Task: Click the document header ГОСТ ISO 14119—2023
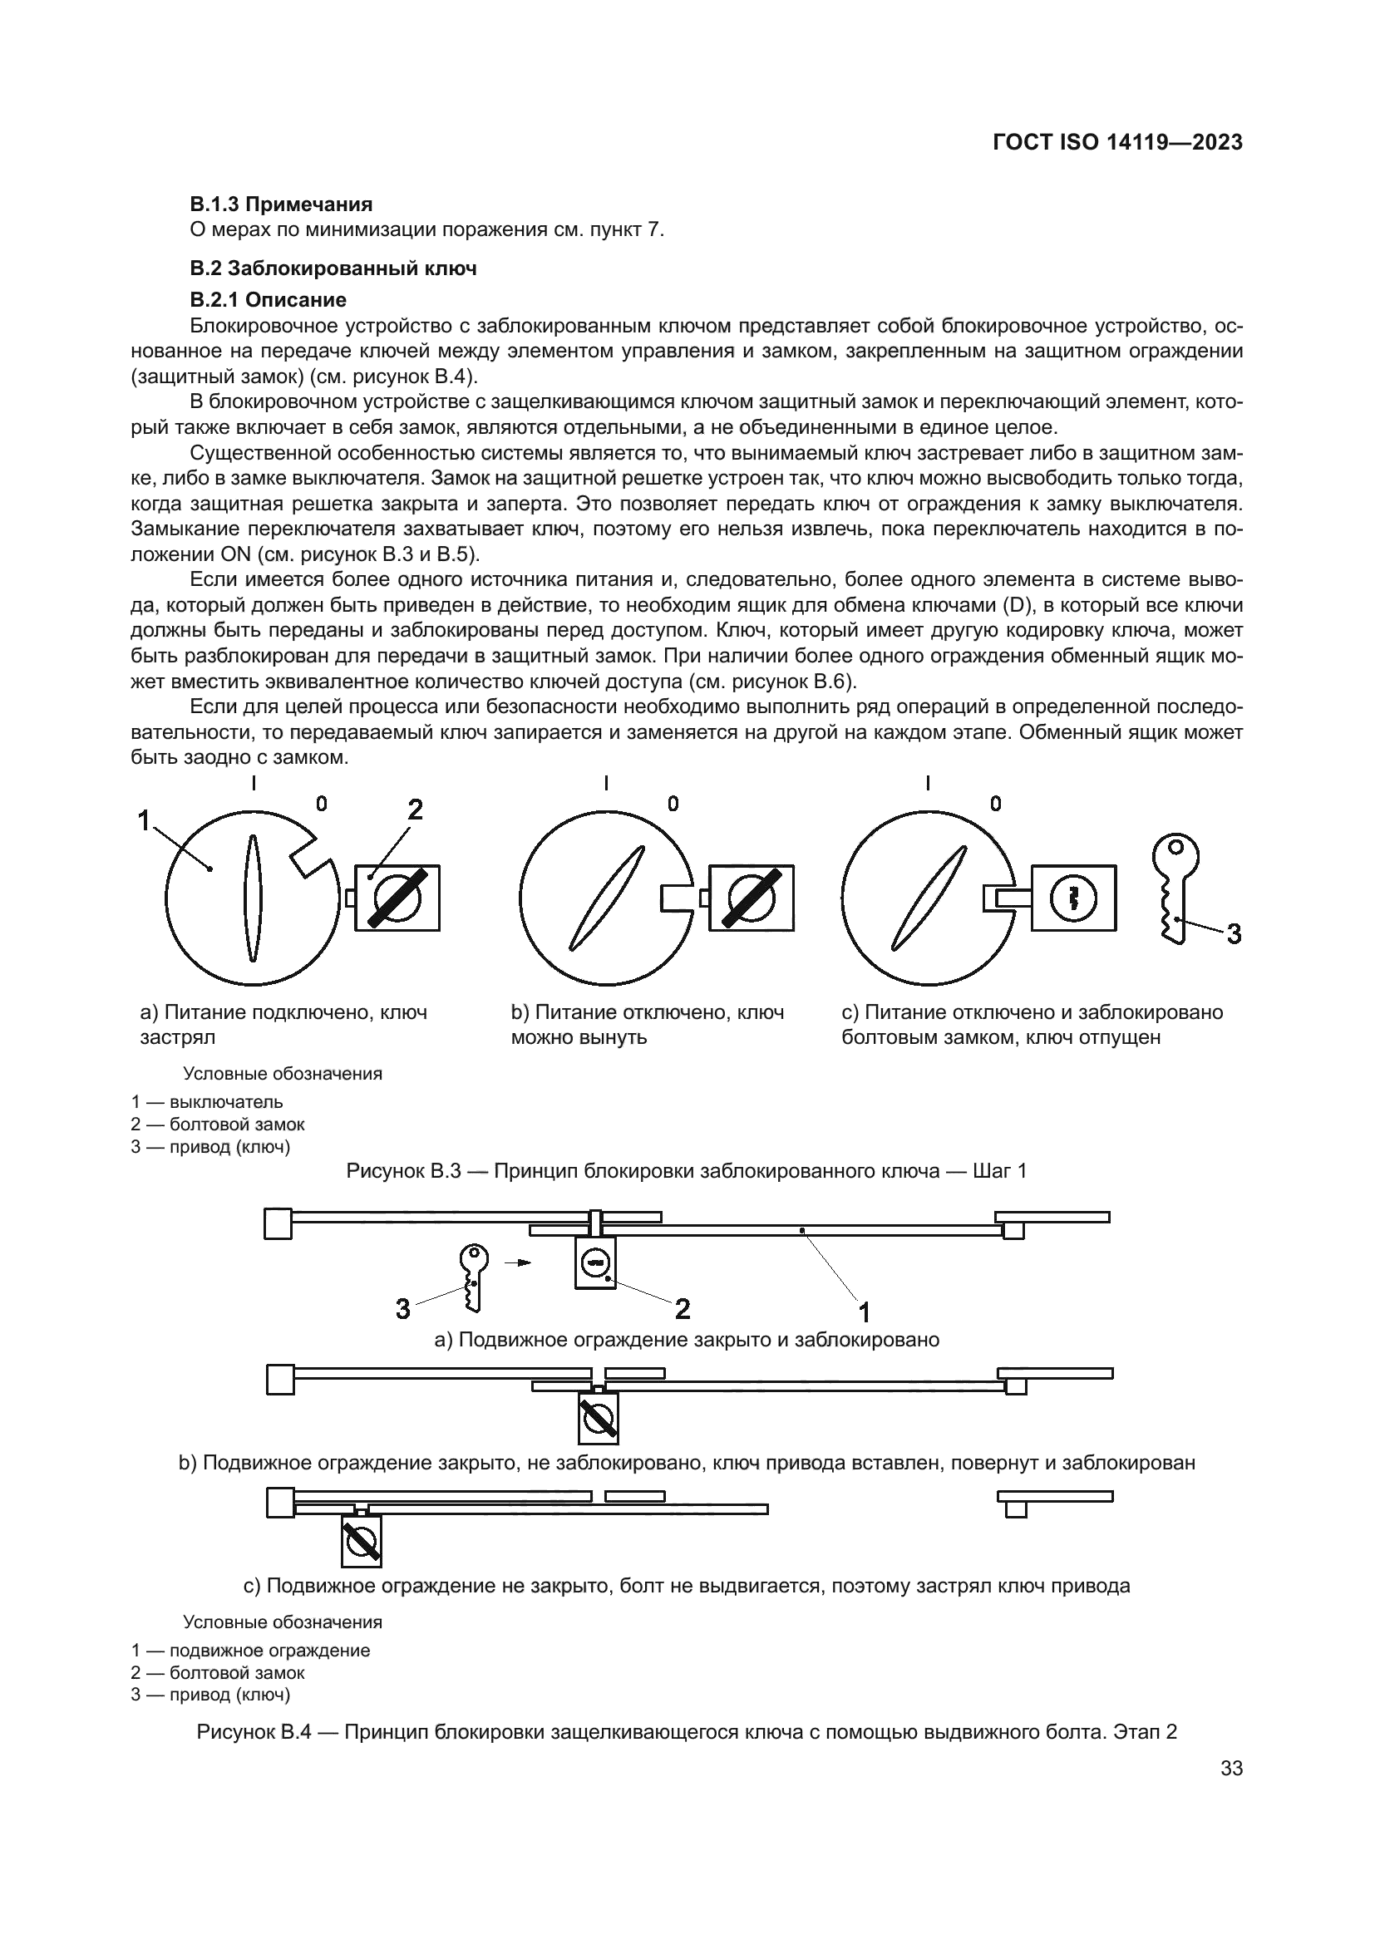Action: (1116, 142)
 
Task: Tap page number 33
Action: (1232, 1793)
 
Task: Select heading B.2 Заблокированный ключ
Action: (333, 268)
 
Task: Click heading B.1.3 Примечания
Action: (281, 204)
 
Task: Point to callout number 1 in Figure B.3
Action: (144, 819)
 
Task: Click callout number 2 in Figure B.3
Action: (415, 810)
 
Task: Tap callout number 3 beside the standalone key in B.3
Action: (1234, 935)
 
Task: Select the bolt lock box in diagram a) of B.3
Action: (397, 898)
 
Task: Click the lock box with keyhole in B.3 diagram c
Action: (1073, 898)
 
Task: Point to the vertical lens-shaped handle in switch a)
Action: (253, 898)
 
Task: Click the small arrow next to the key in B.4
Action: (517, 1262)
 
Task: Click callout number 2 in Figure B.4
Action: (683, 1309)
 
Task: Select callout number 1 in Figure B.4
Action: (865, 1312)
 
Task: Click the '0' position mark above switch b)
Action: (673, 803)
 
